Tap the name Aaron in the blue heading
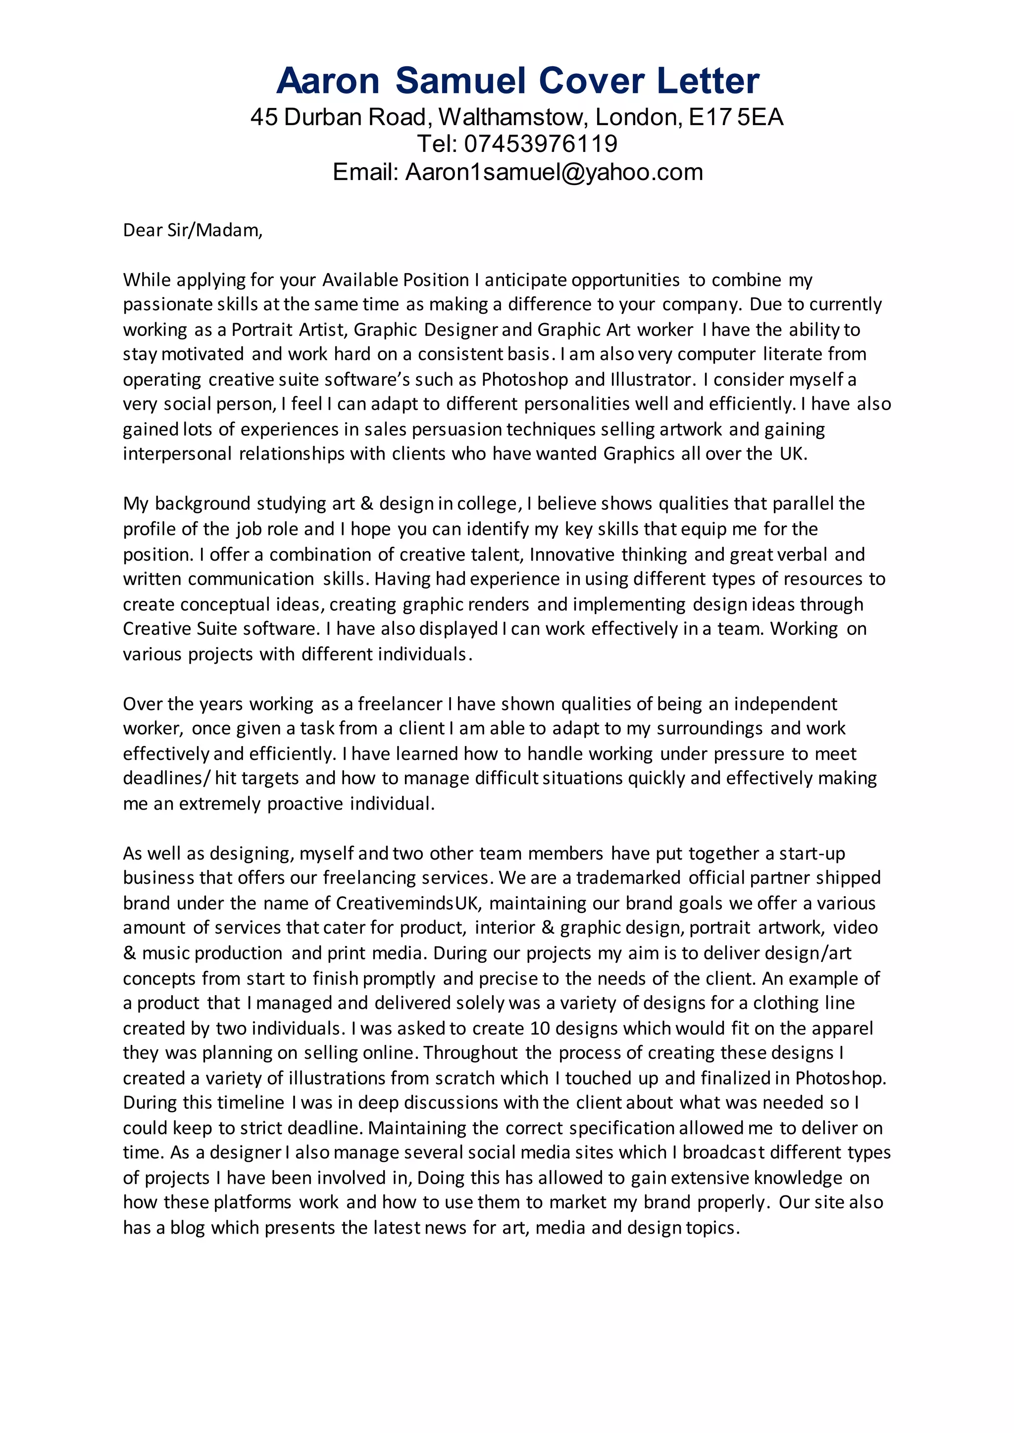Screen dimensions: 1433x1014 pyautogui.click(x=328, y=81)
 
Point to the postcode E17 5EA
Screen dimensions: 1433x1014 pyautogui.click(x=736, y=117)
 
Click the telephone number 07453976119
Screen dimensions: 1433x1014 pyautogui.click(x=541, y=144)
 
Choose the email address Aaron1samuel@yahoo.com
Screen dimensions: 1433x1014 pyautogui.click(x=554, y=172)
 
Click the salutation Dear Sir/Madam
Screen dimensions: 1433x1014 pyautogui.click(x=192, y=230)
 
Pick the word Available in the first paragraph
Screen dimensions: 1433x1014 pyautogui.click(x=360, y=280)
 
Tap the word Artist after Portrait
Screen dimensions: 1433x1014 pyautogui.click(x=323, y=330)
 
